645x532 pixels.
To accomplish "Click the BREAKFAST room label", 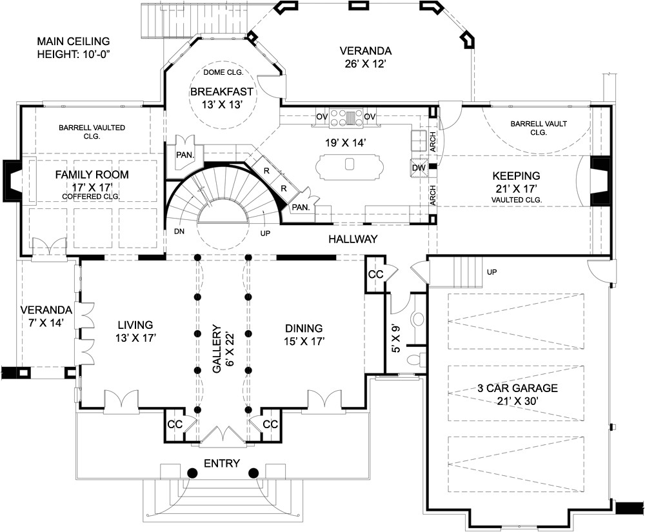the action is [x=222, y=92].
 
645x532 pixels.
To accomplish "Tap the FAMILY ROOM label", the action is [x=92, y=175].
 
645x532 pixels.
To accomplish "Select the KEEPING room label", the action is [x=516, y=176].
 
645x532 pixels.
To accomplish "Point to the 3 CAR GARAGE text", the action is [x=517, y=388].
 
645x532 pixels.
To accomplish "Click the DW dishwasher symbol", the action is [x=419, y=167].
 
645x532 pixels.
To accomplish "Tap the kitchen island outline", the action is [x=349, y=166].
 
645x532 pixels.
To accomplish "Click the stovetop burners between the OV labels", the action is [x=346, y=117].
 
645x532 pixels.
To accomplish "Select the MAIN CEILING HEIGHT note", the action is [x=74, y=48].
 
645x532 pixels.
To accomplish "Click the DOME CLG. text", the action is [x=223, y=72].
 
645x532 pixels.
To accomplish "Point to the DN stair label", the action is [x=179, y=232].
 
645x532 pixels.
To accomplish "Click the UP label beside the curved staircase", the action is [x=265, y=233].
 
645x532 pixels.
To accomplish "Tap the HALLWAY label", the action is [x=353, y=239].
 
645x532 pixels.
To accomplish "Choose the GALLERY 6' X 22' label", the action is [x=223, y=349].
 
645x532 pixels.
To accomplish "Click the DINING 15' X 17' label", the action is [x=304, y=335].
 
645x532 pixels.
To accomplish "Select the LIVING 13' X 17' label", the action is [x=135, y=331].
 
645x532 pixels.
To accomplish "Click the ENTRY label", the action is [x=222, y=464].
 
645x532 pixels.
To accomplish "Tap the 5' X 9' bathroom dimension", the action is [x=396, y=339].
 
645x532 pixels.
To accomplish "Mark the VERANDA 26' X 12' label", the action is [x=365, y=57].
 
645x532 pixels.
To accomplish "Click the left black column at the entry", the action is [x=192, y=473].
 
